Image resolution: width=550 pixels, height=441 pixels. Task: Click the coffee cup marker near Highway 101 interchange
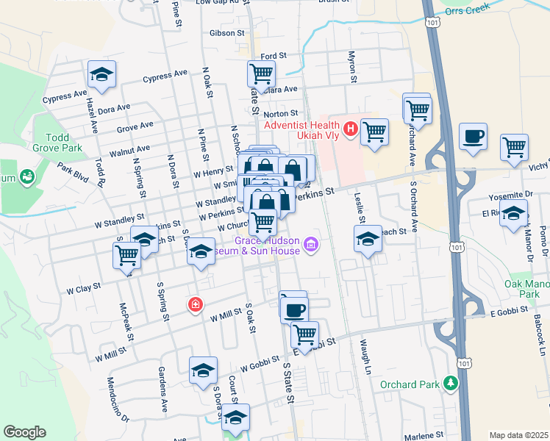coord(473,136)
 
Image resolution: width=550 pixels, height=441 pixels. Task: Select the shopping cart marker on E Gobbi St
coord(304,334)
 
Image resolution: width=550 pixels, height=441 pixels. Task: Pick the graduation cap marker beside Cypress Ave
coord(102,74)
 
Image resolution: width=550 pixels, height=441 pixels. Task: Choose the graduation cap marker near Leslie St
coord(368,239)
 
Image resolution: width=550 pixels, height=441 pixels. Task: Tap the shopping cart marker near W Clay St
coord(126,255)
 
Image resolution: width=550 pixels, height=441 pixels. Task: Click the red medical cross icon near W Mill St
coord(195,304)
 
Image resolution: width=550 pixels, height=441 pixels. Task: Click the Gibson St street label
coord(221,33)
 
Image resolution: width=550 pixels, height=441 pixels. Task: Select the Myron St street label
coord(353,68)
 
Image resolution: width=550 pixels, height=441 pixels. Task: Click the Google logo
coord(25,433)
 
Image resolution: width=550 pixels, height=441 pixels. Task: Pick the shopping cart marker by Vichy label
coord(513,147)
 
